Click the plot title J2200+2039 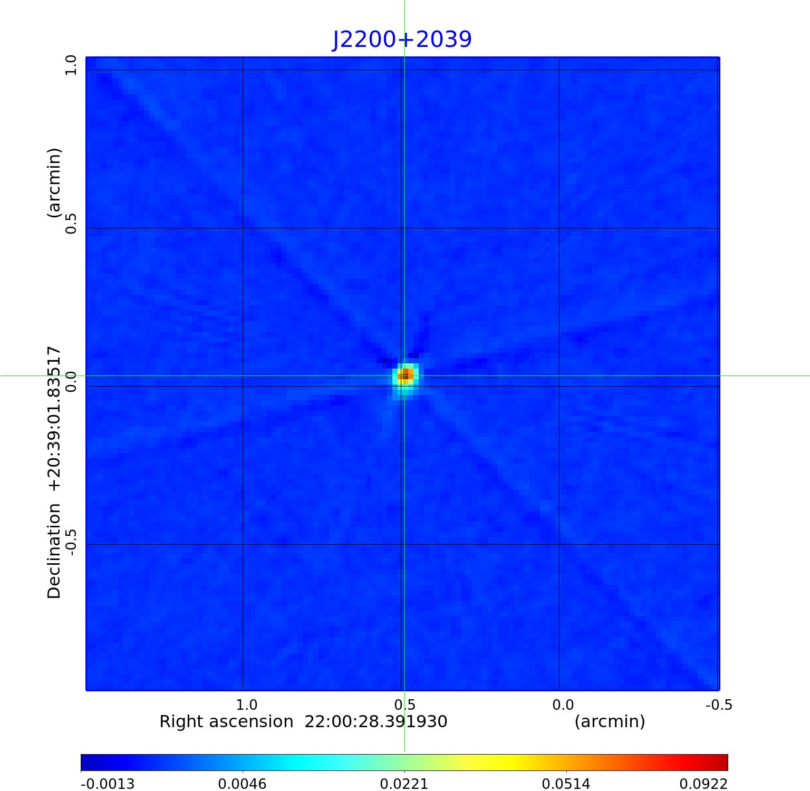pos(402,39)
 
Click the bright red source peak pos(405,375)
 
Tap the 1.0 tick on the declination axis pos(71,66)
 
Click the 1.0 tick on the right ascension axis pos(246,705)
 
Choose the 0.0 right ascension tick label pos(563,705)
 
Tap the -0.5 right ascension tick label pos(719,705)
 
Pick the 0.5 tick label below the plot pos(404,705)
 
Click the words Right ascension pos(226,721)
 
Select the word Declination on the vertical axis pos(54,551)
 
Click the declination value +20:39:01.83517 pos(54,419)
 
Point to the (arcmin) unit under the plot pos(610,721)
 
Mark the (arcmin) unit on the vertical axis pos(54,182)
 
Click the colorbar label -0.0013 pos(108,784)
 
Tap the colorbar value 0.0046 pos(242,784)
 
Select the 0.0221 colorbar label pos(404,784)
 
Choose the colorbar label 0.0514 pos(566,784)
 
